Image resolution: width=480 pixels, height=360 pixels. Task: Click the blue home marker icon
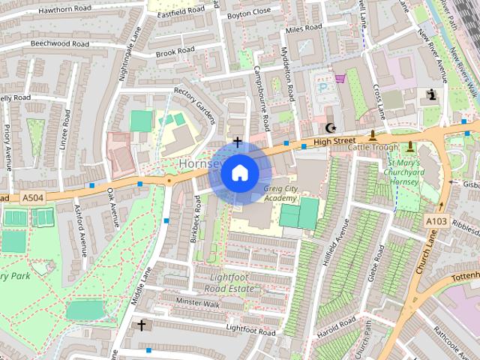pyautogui.click(x=238, y=172)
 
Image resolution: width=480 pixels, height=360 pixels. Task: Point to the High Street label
pyautogui.click(x=334, y=141)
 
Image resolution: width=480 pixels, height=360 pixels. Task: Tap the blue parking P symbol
pyautogui.click(x=323, y=87)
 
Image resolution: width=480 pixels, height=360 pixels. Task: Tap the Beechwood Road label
pyautogui.click(x=60, y=44)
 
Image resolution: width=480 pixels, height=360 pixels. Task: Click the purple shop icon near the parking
pyautogui.click(x=340, y=77)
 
